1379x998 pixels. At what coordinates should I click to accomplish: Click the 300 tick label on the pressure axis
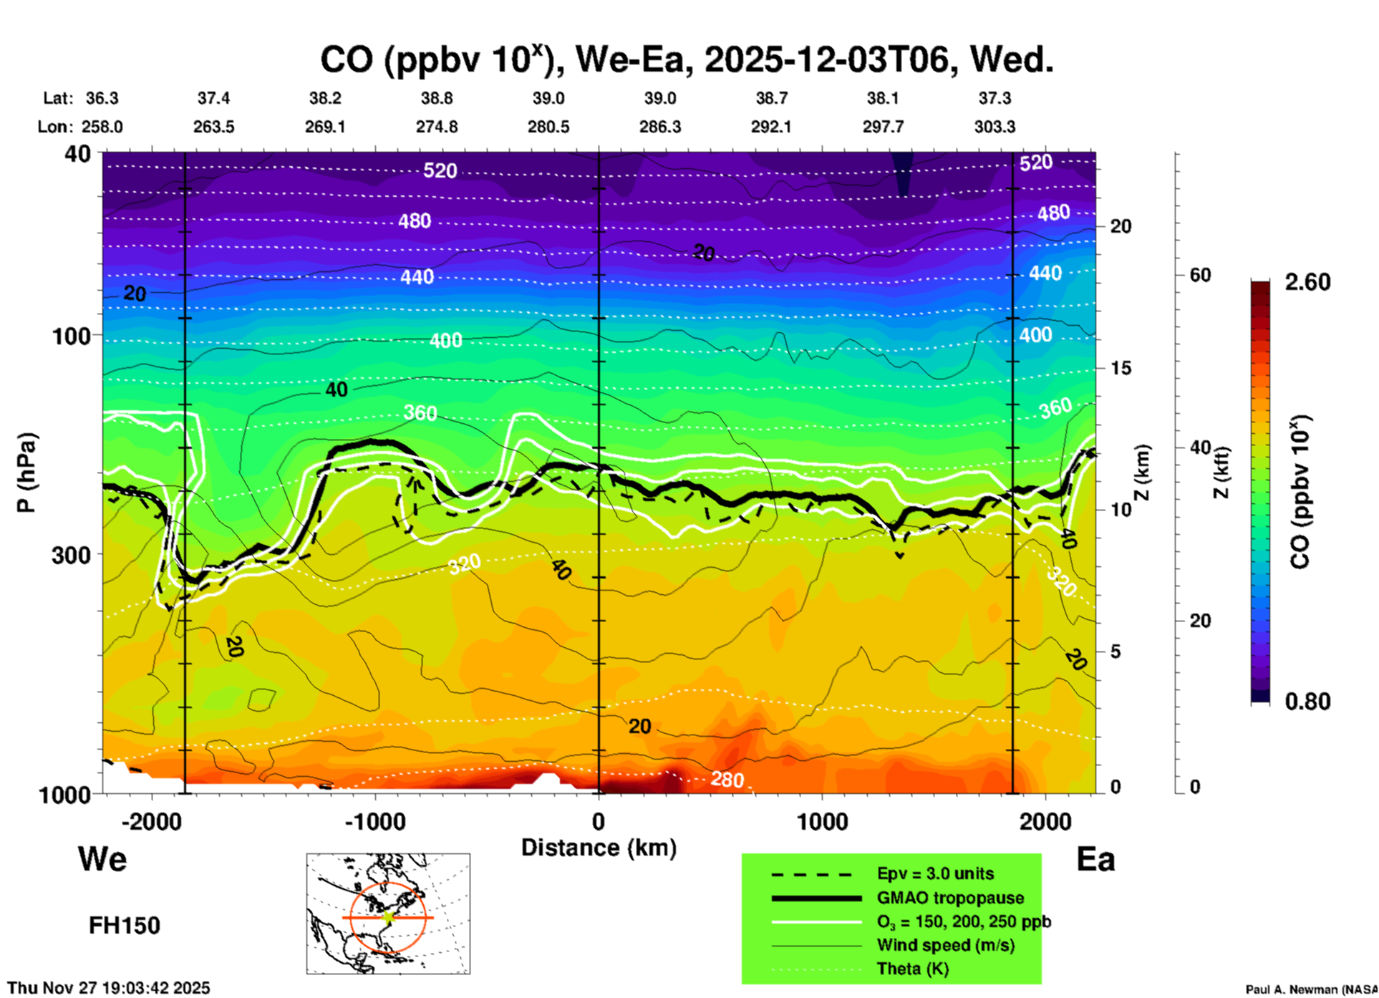pos(71,555)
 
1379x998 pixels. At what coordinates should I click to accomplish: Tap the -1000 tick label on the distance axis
pos(375,822)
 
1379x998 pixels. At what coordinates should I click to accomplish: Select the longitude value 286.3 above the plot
pos(659,127)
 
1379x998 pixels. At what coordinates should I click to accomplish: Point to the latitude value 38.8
pos(437,98)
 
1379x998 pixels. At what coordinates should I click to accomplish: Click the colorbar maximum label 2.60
pos(1307,282)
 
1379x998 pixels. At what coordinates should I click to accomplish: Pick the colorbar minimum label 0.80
pos(1307,701)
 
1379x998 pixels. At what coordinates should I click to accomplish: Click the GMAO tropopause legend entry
pos(950,898)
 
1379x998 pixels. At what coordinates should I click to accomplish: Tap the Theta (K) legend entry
pos(912,969)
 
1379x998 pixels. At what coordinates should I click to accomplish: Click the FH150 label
pos(124,926)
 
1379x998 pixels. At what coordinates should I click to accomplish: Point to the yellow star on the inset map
pos(389,916)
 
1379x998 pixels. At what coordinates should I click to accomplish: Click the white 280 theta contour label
pos(727,779)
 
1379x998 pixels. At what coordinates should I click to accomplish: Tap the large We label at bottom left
pos(102,858)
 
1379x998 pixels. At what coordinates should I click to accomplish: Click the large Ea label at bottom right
pos(1095,859)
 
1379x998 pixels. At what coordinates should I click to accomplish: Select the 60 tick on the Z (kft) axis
pos(1200,275)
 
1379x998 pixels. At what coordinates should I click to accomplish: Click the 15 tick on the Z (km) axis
pos(1121,368)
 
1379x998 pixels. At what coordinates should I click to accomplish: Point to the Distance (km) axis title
pos(599,848)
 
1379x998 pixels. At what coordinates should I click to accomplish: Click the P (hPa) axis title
pos(26,473)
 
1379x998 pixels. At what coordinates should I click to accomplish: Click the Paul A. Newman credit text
pos(1311,989)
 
